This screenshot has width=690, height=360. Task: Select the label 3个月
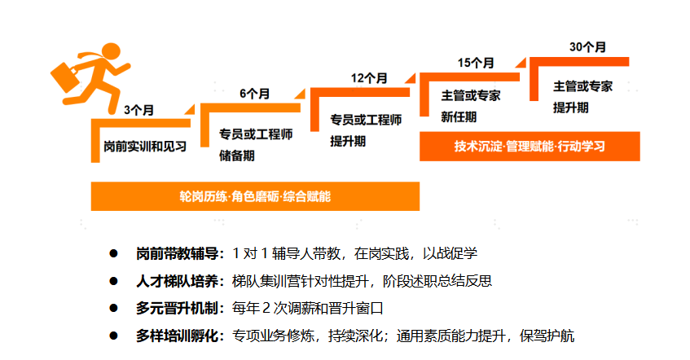click(138, 109)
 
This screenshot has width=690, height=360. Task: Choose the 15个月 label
click(476, 62)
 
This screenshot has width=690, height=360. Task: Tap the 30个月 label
click(587, 46)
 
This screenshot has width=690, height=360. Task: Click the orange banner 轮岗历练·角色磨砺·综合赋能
click(255, 196)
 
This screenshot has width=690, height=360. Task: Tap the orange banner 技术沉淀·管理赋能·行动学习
click(530, 147)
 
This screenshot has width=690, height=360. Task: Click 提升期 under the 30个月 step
click(571, 107)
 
